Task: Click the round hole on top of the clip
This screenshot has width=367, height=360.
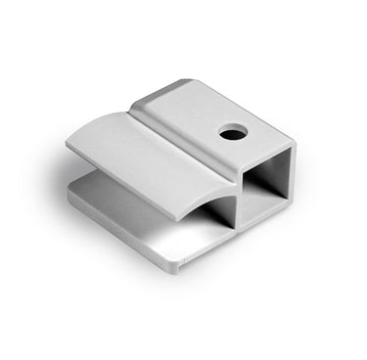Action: point(231,131)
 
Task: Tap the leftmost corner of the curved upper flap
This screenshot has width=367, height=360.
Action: point(68,145)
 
